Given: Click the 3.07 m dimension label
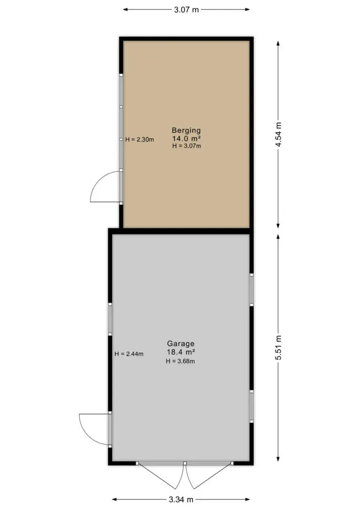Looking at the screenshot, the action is pyautogui.click(x=187, y=9).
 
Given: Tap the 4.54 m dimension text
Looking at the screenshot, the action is pyautogui.click(x=278, y=135).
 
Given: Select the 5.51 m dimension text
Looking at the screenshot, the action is pyautogui.click(x=278, y=347).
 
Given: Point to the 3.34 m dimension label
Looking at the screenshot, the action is pyautogui.click(x=181, y=499).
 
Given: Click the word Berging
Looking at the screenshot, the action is pyautogui.click(x=187, y=130).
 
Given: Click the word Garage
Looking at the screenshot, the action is pyautogui.click(x=181, y=344).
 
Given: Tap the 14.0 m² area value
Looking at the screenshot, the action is pyautogui.click(x=187, y=139).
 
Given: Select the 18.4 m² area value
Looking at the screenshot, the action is pyautogui.click(x=181, y=352).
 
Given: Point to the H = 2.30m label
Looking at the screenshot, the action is pyautogui.click(x=140, y=140).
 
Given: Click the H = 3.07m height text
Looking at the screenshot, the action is pyautogui.click(x=187, y=146).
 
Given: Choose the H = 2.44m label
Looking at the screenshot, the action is pyautogui.click(x=129, y=354).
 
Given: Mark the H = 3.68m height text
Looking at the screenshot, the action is pyautogui.click(x=180, y=361).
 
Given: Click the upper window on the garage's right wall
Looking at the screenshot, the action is pyautogui.click(x=252, y=290).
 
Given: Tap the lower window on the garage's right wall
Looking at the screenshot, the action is pyautogui.click(x=252, y=406).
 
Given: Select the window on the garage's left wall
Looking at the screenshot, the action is pyautogui.click(x=110, y=320).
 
